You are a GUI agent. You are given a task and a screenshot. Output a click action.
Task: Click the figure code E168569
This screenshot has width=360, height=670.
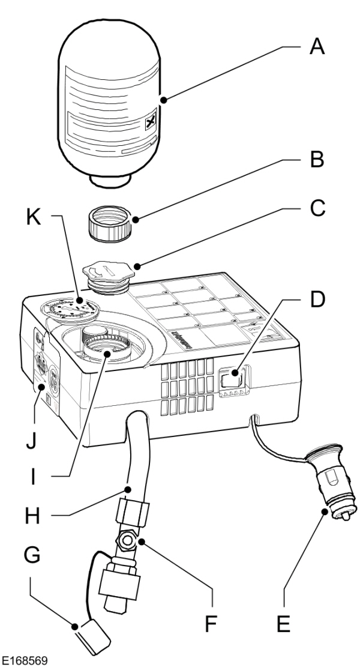(x=26, y=662)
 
